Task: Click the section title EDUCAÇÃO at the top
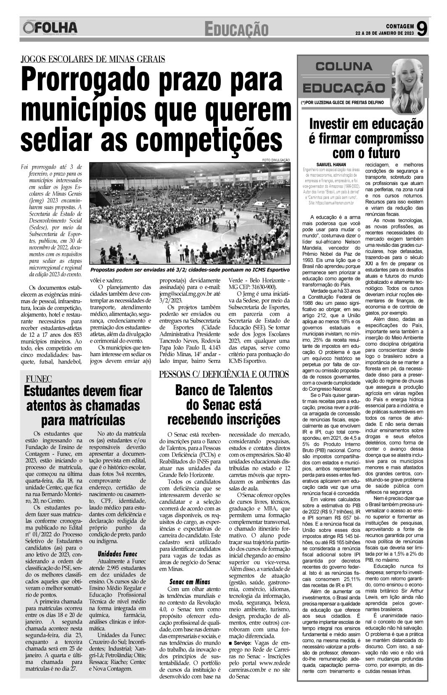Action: tap(236, 30)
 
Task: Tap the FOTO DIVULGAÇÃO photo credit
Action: tap(276, 160)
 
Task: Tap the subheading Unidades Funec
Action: tap(117, 553)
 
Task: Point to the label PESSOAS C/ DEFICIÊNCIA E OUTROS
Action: tap(224, 374)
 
